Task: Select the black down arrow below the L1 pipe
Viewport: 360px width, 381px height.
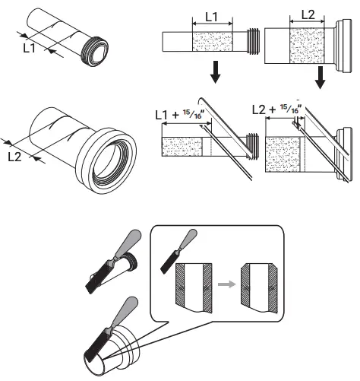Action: [216, 74]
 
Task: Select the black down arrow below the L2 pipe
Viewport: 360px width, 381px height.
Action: [322, 76]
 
